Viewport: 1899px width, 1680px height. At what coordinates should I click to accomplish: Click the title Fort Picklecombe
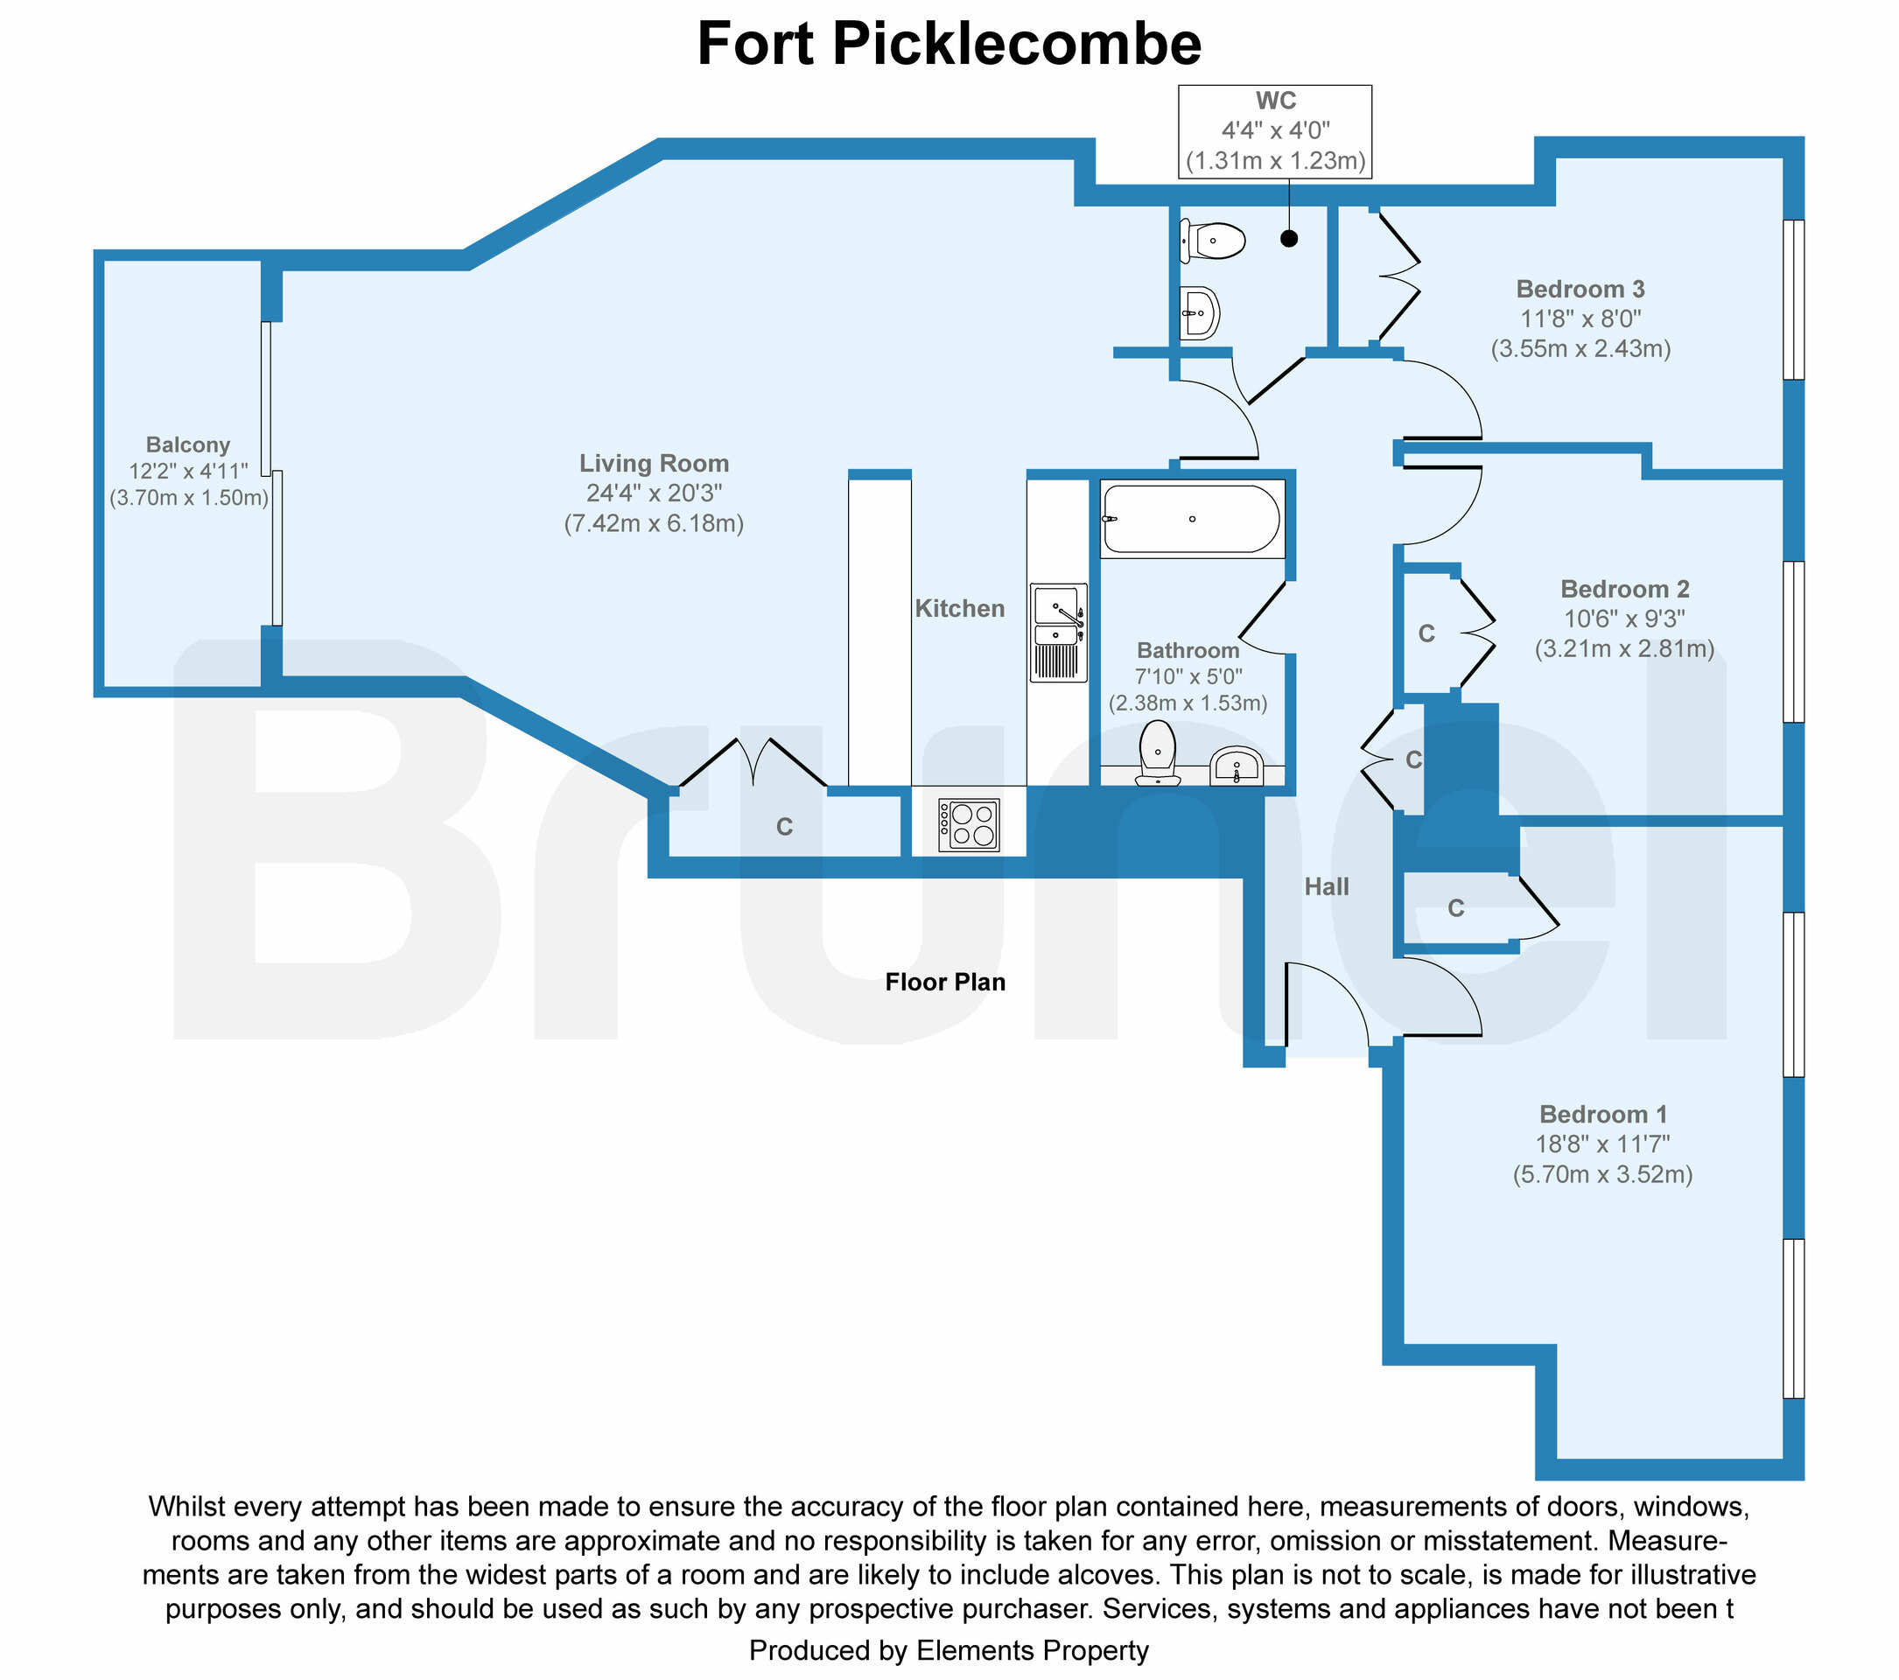949,44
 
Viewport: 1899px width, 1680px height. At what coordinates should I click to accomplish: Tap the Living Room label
653,464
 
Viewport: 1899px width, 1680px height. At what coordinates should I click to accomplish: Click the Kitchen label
960,608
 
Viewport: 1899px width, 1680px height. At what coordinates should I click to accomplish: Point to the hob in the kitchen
969,824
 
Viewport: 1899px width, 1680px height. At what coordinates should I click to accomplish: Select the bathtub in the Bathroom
1192,519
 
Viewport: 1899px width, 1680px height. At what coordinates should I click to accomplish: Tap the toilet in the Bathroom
1158,752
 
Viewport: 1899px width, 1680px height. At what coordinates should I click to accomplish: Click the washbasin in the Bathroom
1237,767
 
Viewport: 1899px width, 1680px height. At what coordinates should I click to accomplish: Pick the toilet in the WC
1215,241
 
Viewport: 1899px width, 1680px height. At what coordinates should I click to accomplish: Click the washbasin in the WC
1200,313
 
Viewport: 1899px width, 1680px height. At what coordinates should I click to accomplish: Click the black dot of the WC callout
1288,239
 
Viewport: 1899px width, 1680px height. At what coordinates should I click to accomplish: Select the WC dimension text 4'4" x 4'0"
1276,131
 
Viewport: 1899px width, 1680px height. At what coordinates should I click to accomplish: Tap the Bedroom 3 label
1580,289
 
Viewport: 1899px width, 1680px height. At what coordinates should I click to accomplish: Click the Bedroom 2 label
1624,589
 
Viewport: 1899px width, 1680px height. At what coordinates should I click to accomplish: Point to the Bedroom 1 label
1602,1114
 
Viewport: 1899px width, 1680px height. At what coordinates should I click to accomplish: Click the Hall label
1326,887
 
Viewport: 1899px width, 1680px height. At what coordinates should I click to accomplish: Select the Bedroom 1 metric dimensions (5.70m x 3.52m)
1602,1174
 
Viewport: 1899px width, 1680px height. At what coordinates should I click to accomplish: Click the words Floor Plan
945,982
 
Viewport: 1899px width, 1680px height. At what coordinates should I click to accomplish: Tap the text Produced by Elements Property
949,1650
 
